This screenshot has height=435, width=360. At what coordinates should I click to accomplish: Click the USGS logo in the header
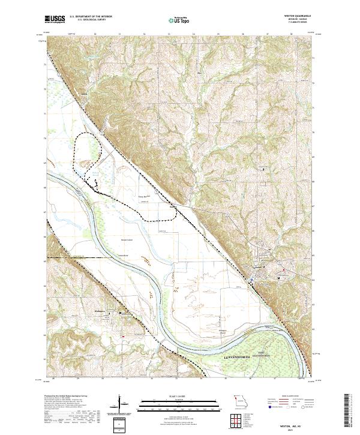click(x=55, y=19)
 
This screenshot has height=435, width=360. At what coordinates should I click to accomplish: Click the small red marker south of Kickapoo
click(x=123, y=336)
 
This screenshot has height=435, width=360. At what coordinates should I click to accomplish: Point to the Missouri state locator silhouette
click(x=241, y=399)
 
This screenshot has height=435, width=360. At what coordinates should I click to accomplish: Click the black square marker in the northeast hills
click(x=265, y=169)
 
